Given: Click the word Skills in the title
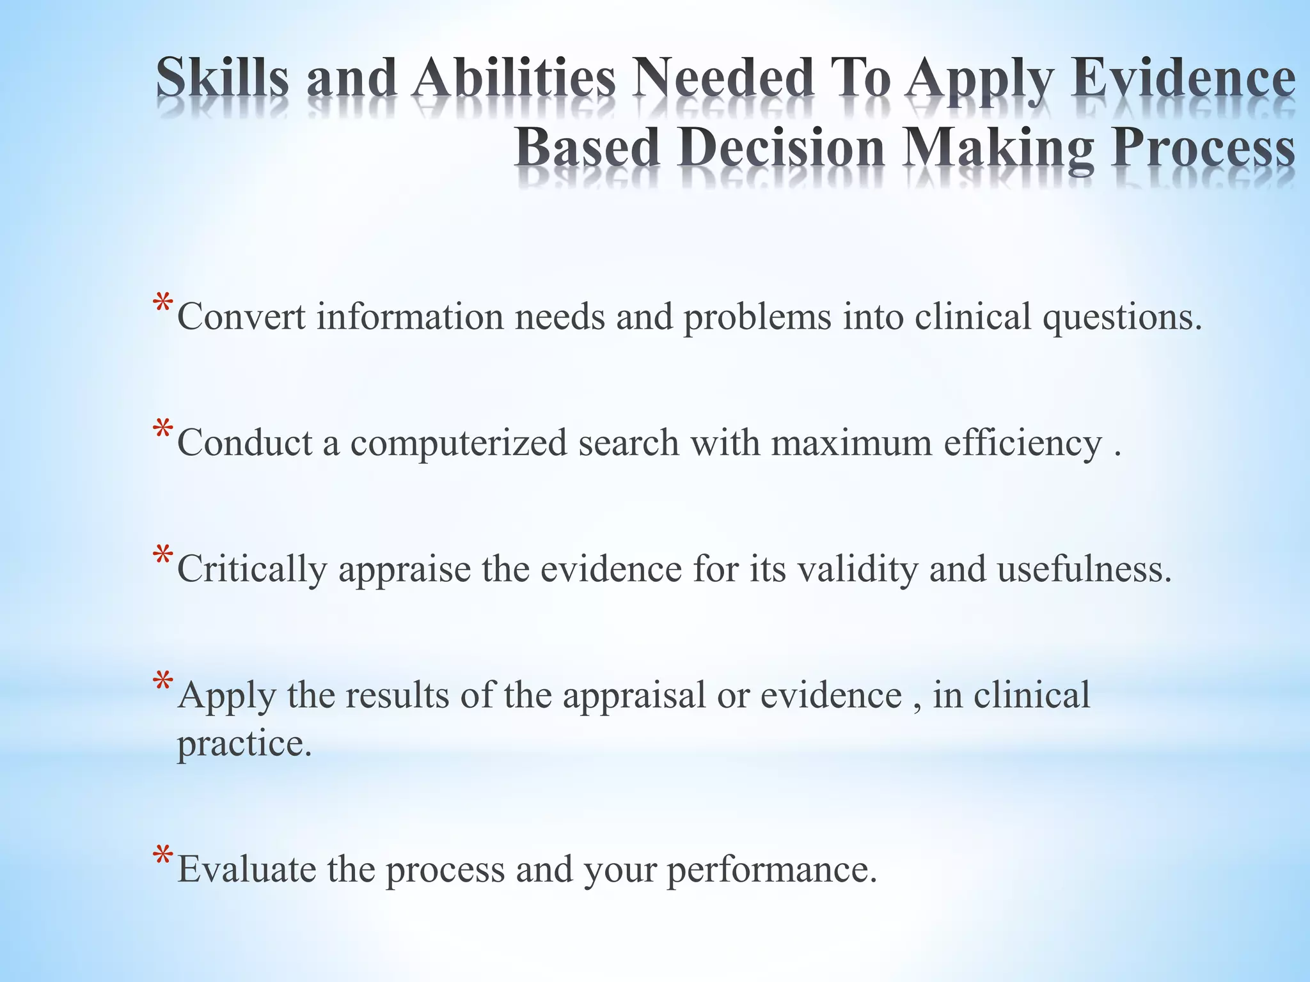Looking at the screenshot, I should point(222,78).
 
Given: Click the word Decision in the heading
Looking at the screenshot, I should point(782,148).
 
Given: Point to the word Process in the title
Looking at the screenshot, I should point(1203,148).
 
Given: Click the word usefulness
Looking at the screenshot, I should point(1084,569).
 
